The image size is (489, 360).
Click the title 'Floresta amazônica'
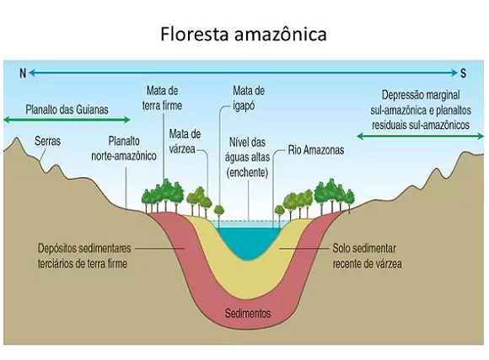pyautogui.click(x=244, y=34)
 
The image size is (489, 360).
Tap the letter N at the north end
pyautogui.click(x=23, y=73)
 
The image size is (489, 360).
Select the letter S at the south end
pyautogui.click(x=464, y=73)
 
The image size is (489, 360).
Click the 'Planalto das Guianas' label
pyautogui.click(x=67, y=110)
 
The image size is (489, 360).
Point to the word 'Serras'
pyautogui.click(x=47, y=141)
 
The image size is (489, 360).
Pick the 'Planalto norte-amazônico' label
pyautogui.click(x=124, y=148)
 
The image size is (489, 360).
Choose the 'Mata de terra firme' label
pyautogui.click(x=162, y=98)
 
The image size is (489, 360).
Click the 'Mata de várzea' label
pyautogui.click(x=185, y=142)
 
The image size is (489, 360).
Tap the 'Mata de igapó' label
pyautogui.click(x=249, y=99)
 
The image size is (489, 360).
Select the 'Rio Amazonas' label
pyautogui.click(x=316, y=150)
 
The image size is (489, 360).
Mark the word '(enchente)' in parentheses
pyautogui.click(x=247, y=173)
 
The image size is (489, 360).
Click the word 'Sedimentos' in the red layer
pyautogui.click(x=248, y=313)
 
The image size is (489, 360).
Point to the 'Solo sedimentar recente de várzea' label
pyautogui.click(x=367, y=256)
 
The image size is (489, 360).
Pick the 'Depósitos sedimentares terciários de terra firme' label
pyautogui.click(x=84, y=256)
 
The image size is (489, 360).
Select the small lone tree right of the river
pyautogui.click(x=279, y=211)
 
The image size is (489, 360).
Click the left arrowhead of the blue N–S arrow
pyautogui.click(x=31, y=73)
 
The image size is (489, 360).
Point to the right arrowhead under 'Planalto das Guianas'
pyautogui.click(x=127, y=120)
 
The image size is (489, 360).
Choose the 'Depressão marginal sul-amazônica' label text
pyautogui.click(x=421, y=103)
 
